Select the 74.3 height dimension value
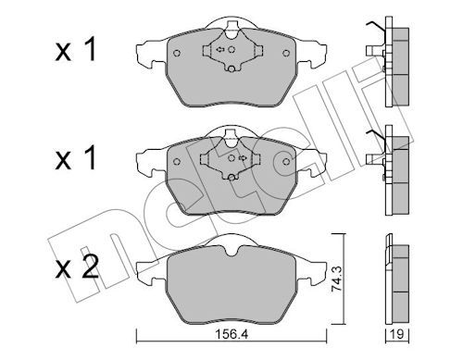(x=337, y=279)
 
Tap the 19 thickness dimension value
(x=397, y=334)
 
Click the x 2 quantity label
(x=77, y=267)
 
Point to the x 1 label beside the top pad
(x=76, y=51)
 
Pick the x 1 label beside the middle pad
(x=76, y=159)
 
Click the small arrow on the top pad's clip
(x=220, y=49)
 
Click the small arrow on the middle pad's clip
(x=243, y=158)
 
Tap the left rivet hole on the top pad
(x=177, y=53)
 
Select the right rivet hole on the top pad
(x=286, y=53)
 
